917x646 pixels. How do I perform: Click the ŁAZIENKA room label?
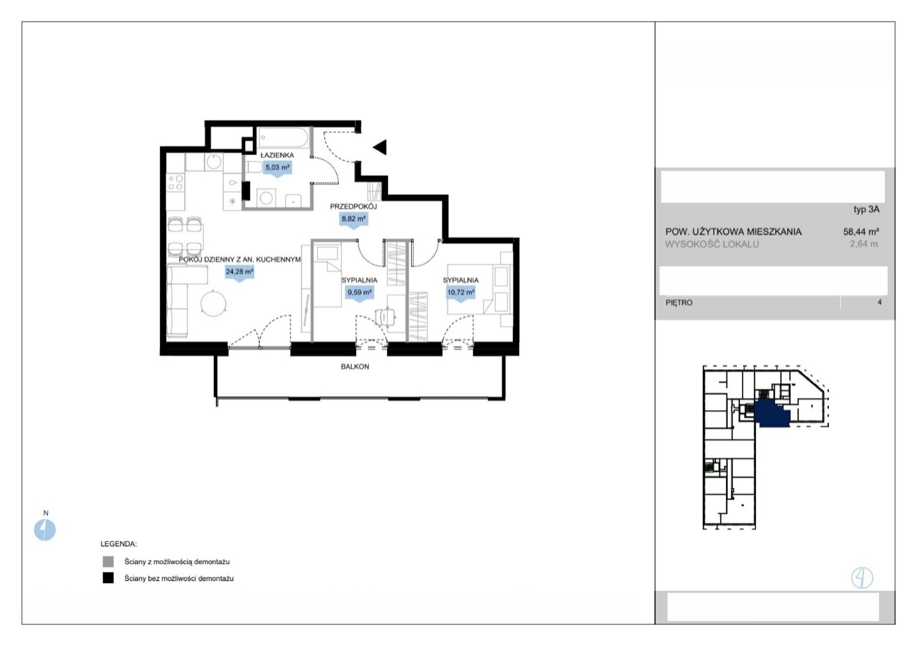tap(277, 155)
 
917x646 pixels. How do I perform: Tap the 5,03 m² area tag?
tap(277, 168)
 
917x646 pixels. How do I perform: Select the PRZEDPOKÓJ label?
tap(353, 207)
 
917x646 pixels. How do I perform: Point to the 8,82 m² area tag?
tap(354, 219)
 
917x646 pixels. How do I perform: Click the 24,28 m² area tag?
tap(240, 271)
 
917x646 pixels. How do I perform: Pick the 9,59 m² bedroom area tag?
tap(359, 293)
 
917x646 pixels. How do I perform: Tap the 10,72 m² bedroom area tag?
tap(461, 293)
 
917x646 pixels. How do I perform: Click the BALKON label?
tap(355, 367)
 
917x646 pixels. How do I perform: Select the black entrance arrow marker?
tap(380, 147)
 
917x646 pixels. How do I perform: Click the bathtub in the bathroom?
tap(284, 138)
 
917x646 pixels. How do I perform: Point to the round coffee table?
tap(213, 303)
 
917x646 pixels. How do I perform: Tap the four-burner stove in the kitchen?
tap(175, 183)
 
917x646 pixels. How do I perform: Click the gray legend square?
tap(108, 561)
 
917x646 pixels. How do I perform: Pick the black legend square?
tap(108, 578)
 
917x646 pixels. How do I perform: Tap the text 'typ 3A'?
tap(866, 210)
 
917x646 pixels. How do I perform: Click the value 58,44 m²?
tap(861, 231)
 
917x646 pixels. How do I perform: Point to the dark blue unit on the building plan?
tap(771, 414)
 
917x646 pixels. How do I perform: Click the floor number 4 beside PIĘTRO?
tap(879, 302)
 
